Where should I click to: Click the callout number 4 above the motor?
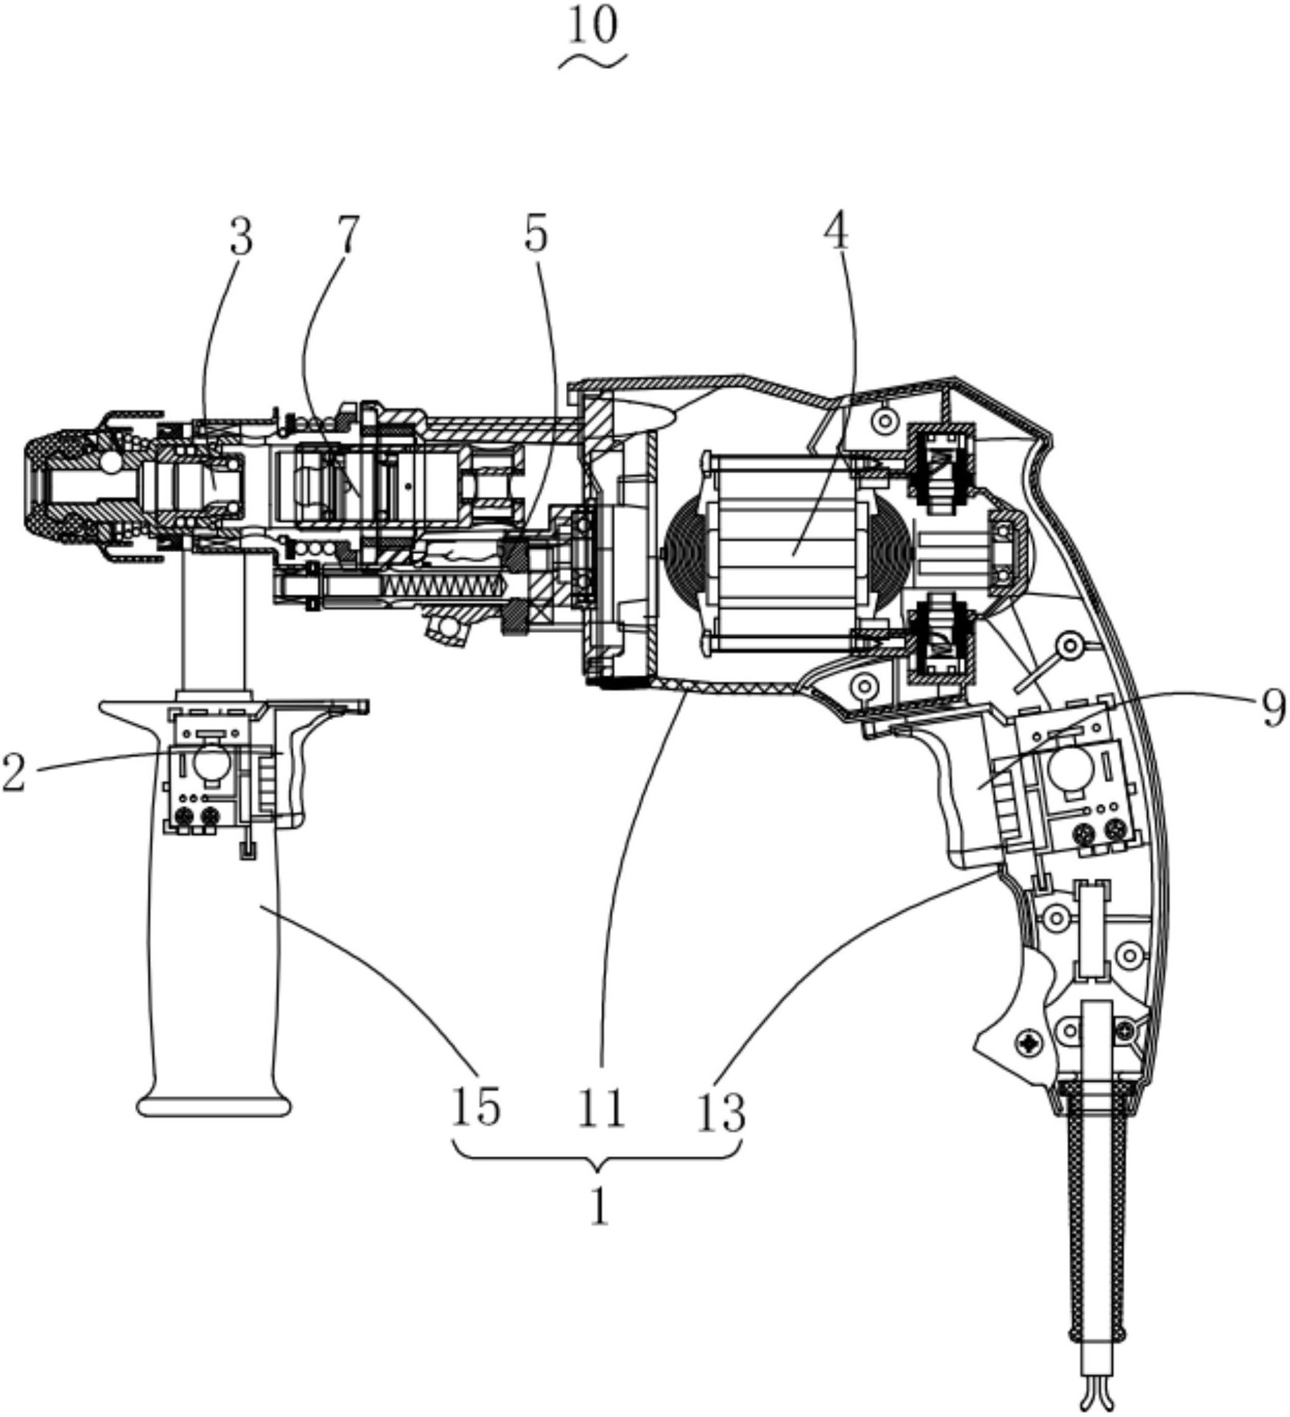coord(836,230)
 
